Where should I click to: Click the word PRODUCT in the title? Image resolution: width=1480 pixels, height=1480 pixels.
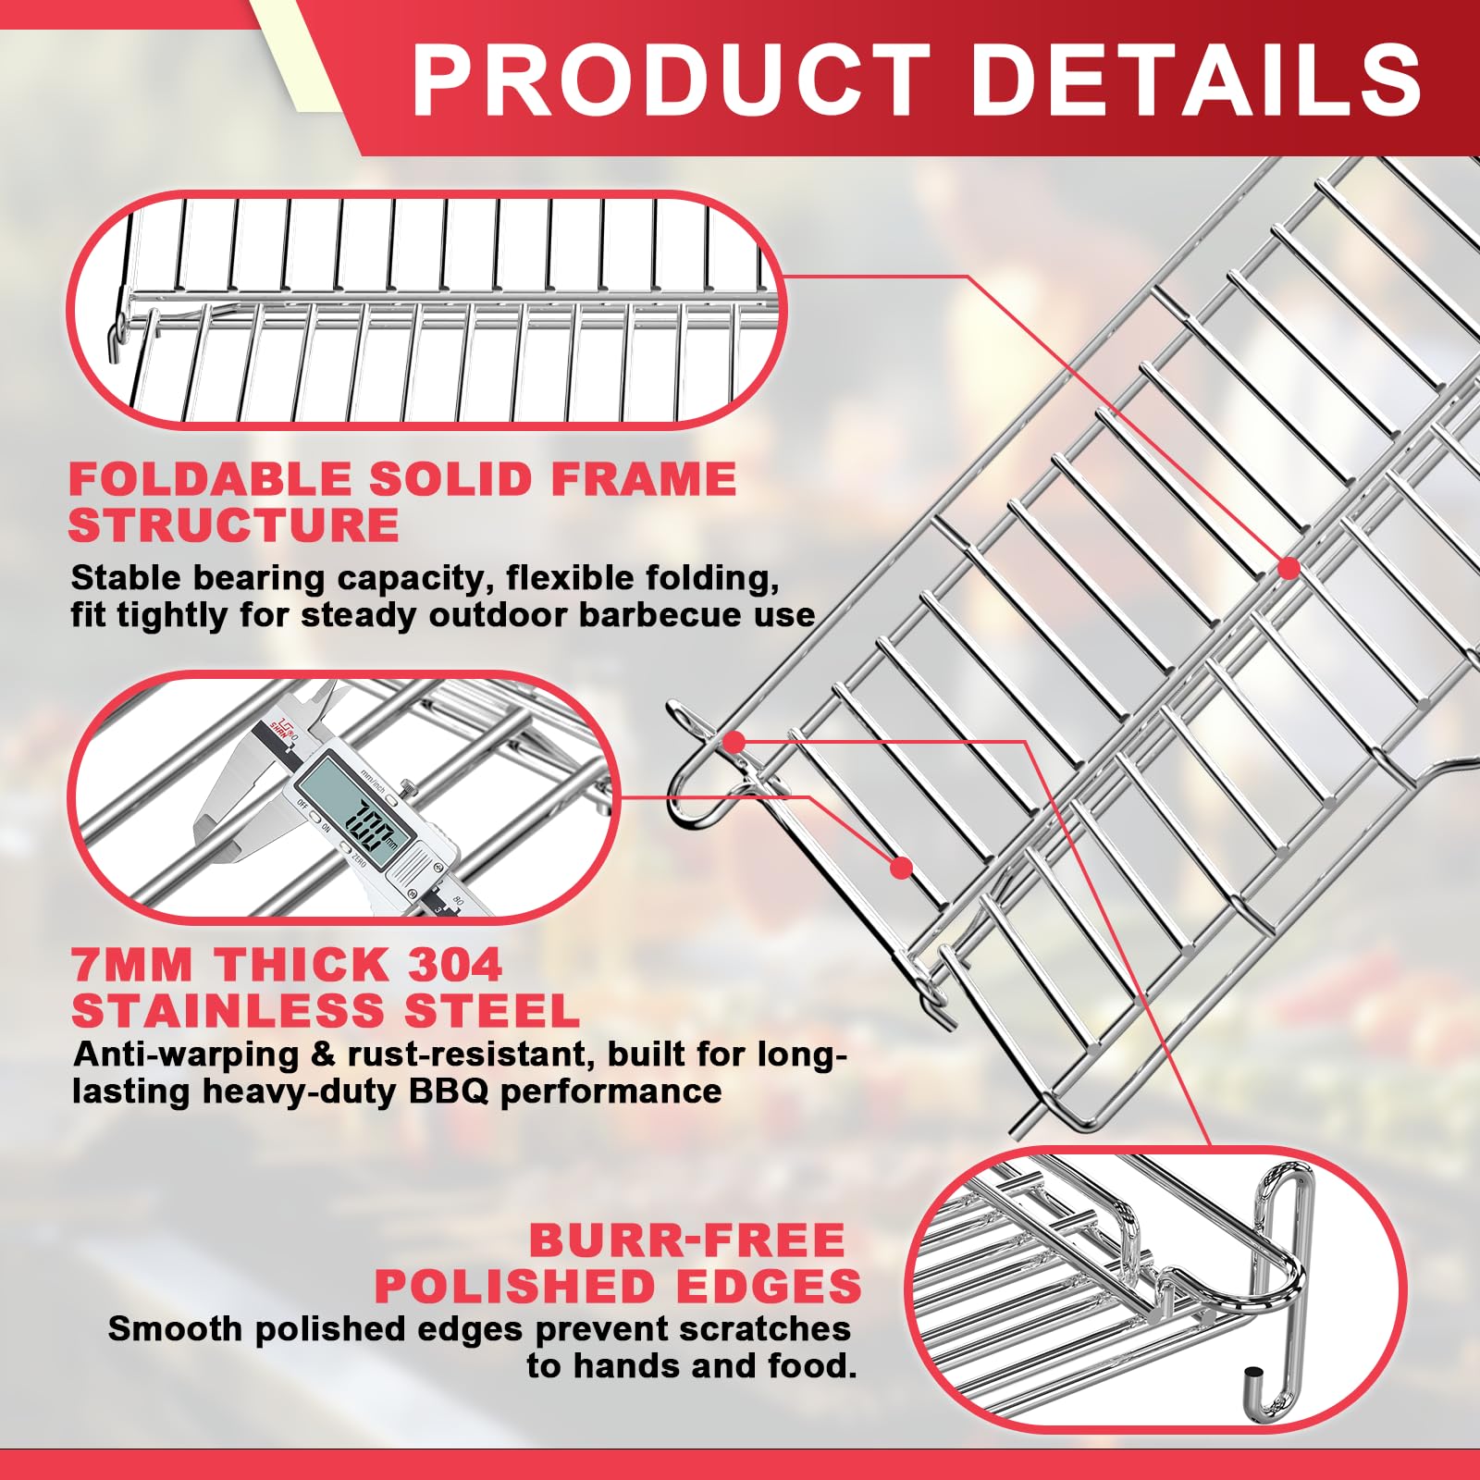[672, 80]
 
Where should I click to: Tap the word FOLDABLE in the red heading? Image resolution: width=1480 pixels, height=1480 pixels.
[208, 479]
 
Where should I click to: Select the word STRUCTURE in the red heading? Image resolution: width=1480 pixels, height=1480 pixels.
[234, 525]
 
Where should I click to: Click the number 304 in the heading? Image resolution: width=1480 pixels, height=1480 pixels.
[454, 965]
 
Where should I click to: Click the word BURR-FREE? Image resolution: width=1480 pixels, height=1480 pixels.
[687, 1240]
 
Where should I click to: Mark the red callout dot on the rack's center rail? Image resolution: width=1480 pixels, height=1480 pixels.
[1289, 567]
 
